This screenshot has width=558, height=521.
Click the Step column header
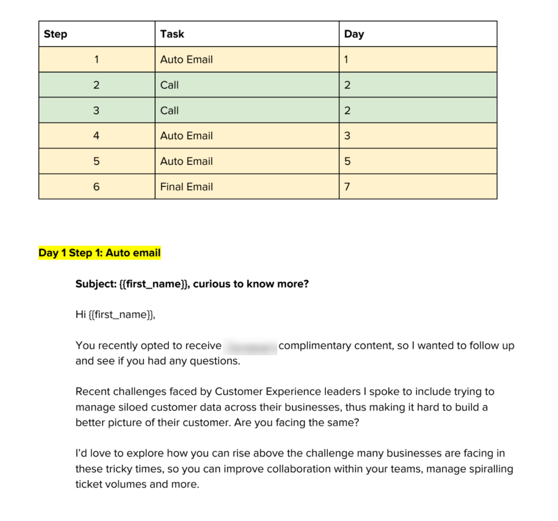[55, 34]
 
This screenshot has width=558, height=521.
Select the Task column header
[172, 34]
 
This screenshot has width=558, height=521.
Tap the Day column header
[354, 34]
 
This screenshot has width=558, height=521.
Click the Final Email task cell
[186, 187]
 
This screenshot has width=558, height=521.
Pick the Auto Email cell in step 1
[186, 59]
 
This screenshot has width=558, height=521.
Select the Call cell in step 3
[169, 110]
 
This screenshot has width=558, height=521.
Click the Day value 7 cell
[347, 187]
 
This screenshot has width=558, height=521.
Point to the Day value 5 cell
[347, 161]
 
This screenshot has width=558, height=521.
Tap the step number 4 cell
[96, 136]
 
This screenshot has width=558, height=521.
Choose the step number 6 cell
[96, 187]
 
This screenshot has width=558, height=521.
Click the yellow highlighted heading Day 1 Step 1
[100, 253]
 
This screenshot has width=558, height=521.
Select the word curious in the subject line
[212, 284]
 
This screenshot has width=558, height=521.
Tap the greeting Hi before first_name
[80, 314]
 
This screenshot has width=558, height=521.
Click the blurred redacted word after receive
[250, 346]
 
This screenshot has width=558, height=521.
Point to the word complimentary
[315, 346]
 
